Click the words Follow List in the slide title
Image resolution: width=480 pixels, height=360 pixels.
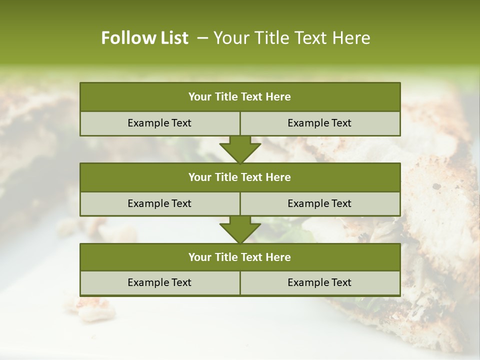pyautogui.click(x=145, y=38)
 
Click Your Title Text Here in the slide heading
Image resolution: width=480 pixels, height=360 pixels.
pyautogui.click(x=292, y=38)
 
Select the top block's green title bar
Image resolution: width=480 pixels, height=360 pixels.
pyautogui.click(x=240, y=97)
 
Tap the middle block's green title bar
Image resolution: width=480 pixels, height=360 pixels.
pyautogui.click(x=240, y=177)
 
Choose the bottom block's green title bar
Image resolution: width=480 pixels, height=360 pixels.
pyautogui.click(x=240, y=257)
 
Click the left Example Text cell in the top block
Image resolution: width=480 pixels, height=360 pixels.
pyautogui.click(x=160, y=123)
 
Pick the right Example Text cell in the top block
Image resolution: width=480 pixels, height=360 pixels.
pyautogui.click(x=320, y=123)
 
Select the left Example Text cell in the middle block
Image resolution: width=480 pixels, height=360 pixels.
pyautogui.click(x=160, y=203)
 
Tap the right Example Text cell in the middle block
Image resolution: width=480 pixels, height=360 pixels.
pyautogui.click(x=320, y=203)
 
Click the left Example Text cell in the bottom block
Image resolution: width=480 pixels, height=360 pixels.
pyautogui.click(x=160, y=283)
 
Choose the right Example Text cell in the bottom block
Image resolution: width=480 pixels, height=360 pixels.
pyautogui.click(x=320, y=283)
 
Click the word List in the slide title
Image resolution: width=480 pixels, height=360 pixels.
pyautogui.click(x=172, y=38)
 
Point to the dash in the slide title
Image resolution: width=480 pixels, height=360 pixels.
pyautogui.click(x=202, y=38)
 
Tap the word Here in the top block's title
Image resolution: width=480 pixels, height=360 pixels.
pyautogui.click(x=278, y=97)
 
